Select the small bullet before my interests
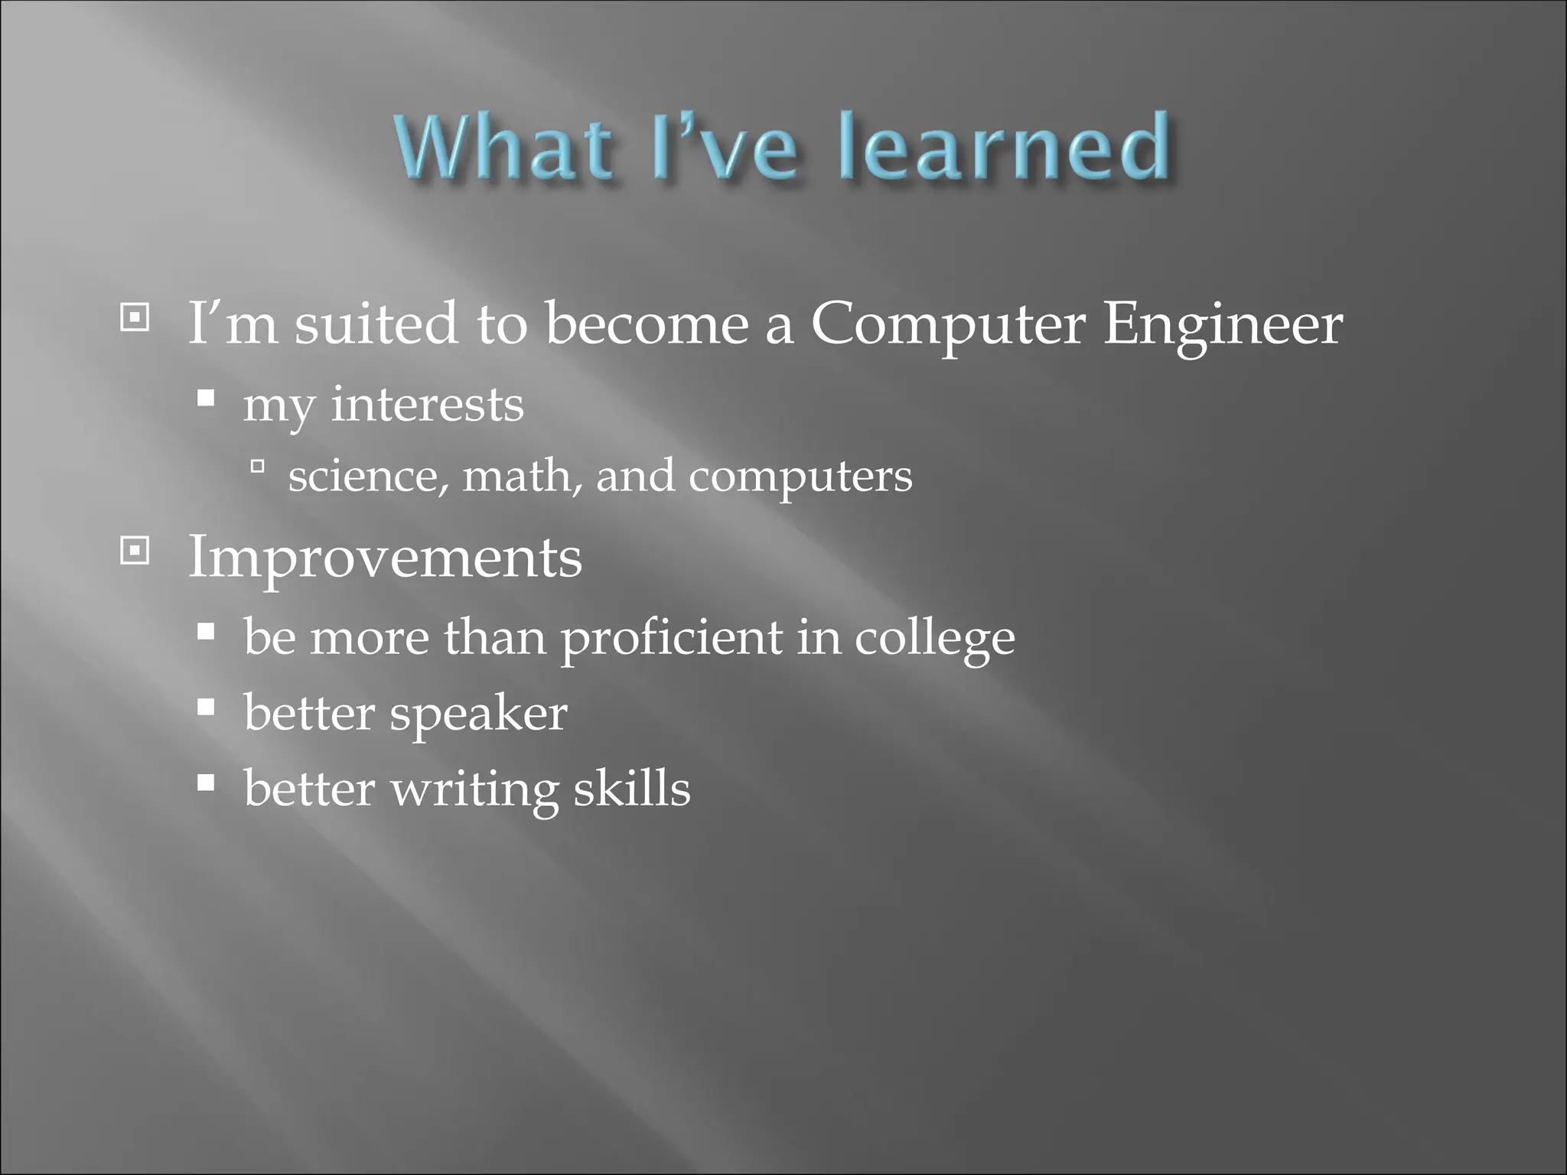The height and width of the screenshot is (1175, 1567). pos(205,398)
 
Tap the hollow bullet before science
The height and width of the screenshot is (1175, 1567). pos(257,465)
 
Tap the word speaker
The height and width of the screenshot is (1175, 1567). pos(478,715)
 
